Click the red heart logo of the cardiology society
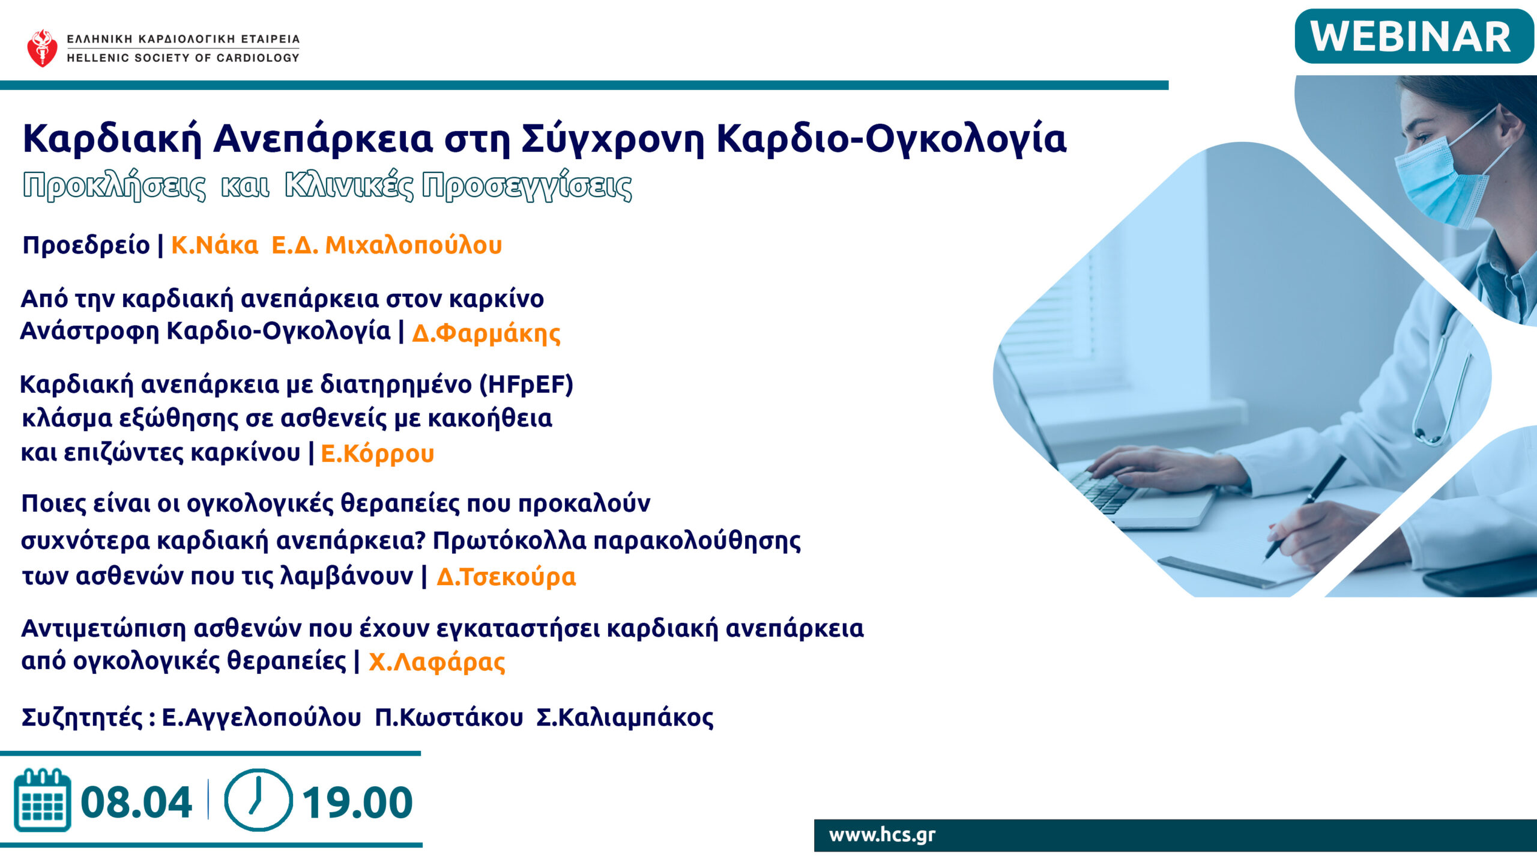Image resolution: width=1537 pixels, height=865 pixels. point(42,48)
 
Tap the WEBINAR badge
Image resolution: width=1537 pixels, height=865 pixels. point(1414,37)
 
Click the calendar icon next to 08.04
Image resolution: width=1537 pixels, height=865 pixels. point(43,800)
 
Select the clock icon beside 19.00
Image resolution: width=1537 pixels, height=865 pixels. point(258,800)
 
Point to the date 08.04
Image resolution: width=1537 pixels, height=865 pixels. point(136,803)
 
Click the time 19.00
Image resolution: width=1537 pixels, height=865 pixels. point(357,803)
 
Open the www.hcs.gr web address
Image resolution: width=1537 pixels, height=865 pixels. point(882,835)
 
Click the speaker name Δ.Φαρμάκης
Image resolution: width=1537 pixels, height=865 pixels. point(486,333)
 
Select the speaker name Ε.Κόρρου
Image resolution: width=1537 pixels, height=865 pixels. point(377,454)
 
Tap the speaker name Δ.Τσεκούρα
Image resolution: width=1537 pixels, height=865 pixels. point(506,577)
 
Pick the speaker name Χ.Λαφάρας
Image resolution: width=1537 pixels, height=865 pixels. point(436,662)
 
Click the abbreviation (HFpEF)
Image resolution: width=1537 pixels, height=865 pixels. point(526,384)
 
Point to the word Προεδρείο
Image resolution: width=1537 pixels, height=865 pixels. point(86,246)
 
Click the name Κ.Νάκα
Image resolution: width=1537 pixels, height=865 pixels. point(214,245)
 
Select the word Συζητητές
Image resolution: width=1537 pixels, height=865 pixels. point(82,717)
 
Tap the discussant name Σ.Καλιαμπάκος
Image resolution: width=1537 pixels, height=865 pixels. point(624,717)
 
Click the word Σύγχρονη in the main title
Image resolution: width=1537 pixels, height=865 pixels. point(613,139)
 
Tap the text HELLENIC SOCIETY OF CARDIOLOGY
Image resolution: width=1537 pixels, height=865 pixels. point(183,58)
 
